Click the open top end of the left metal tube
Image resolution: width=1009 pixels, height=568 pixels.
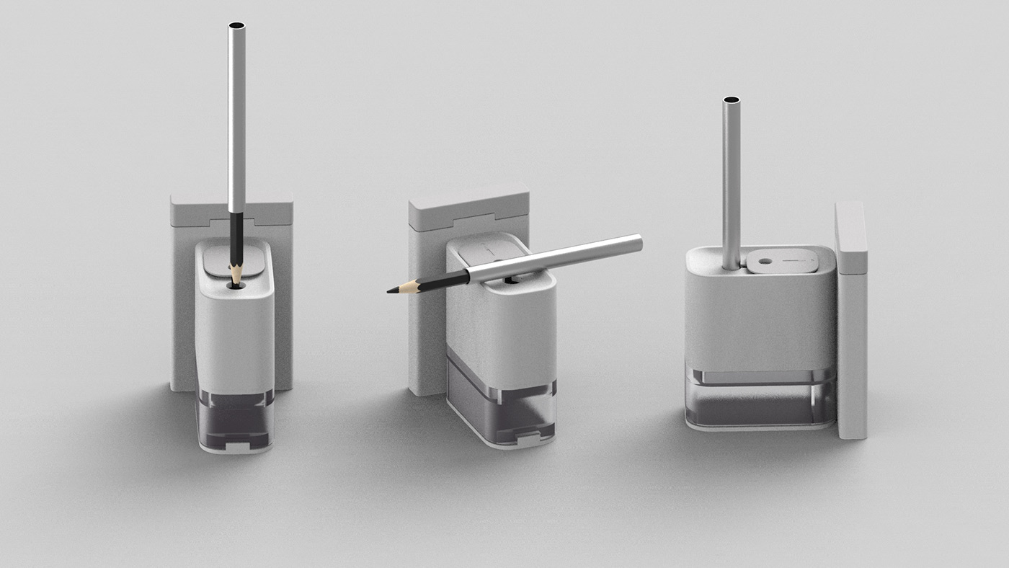(236, 27)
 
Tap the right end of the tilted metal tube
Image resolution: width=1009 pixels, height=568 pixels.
(637, 243)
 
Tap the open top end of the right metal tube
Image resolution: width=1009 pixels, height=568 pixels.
(731, 100)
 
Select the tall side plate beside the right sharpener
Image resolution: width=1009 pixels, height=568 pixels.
(851, 324)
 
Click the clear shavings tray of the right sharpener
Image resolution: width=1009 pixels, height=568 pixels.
(760, 400)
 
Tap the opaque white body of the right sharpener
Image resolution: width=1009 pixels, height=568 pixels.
(760, 317)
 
